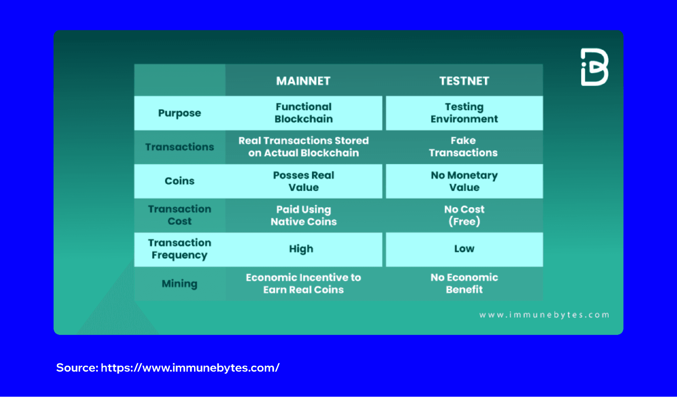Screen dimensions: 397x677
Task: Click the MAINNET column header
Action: [x=303, y=81]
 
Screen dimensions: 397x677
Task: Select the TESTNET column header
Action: [x=464, y=81]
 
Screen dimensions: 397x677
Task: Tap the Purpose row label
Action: [x=179, y=113]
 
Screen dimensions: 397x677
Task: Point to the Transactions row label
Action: [x=179, y=147]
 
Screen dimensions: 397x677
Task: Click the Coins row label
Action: [x=179, y=181]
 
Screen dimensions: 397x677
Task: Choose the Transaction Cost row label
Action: [x=179, y=215]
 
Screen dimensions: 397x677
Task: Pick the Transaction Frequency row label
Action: [x=179, y=249]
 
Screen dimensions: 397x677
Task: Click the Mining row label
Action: [x=179, y=283]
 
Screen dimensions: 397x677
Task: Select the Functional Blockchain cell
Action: [x=303, y=113]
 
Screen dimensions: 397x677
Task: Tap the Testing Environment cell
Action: [x=464, y=113]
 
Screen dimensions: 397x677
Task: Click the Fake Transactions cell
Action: [x=463, y=146]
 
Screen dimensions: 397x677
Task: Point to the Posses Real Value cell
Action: [x=303, y=181]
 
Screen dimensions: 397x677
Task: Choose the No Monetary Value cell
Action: [x=464, y=181]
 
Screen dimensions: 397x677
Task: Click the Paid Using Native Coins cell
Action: [x=303, y=215]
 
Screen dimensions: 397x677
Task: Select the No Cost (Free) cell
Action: [x=464, y=215]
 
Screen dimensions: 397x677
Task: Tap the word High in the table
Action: [x=301, y=249]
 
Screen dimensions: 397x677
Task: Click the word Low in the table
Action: [x=464, y=249]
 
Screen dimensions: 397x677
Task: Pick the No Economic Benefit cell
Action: [x=464, y=283]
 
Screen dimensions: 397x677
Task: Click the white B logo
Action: [x=594, y=67]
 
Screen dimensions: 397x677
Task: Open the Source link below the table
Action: [x=190, y=368]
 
